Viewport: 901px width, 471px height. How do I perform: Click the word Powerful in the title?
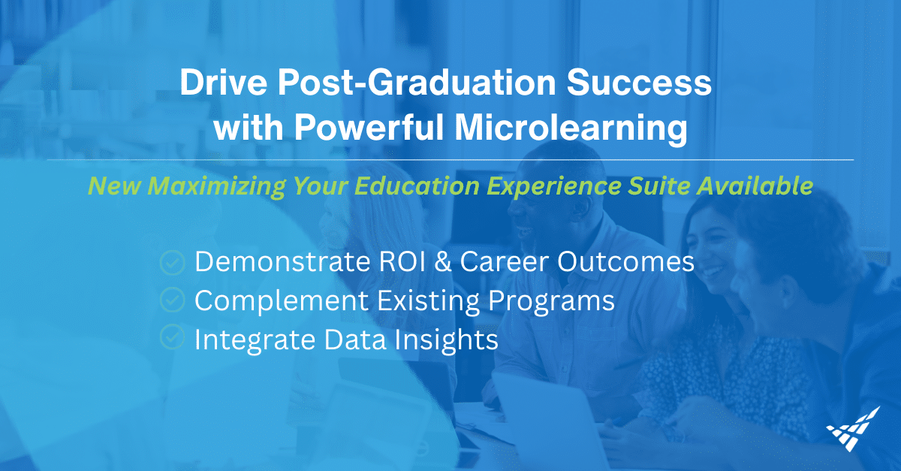[x=366, y=128]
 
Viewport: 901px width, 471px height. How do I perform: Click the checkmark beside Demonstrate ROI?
[x=173, y=262]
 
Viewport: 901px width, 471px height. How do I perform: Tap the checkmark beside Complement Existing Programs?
[x=173, y=300]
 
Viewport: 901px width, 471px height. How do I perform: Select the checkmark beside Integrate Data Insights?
[x=173, y=339]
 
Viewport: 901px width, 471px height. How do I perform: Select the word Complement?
[x=273, y=301]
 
